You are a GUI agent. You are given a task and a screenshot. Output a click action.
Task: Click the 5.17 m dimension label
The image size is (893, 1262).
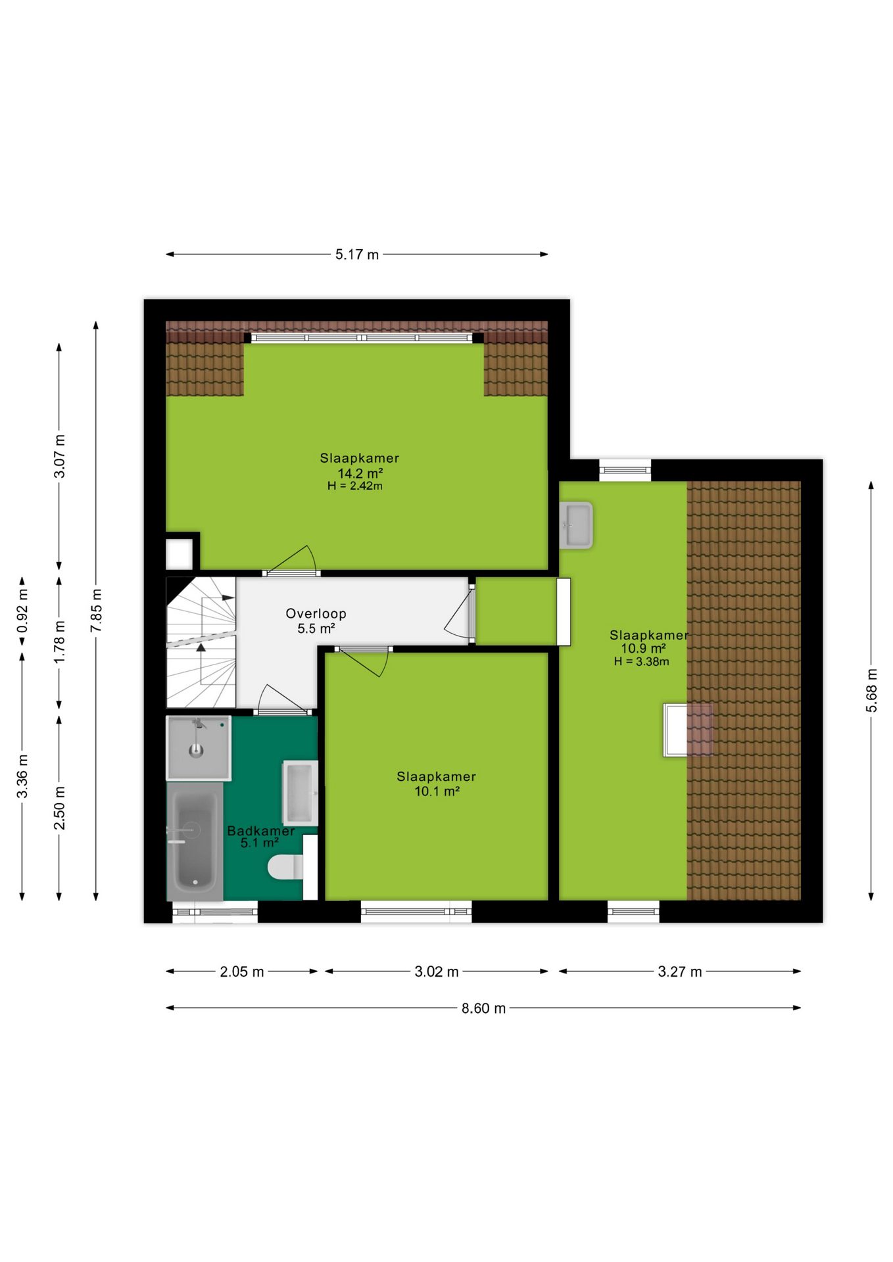point(356,254)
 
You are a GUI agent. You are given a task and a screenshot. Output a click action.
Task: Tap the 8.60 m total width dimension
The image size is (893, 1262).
point(483,1008)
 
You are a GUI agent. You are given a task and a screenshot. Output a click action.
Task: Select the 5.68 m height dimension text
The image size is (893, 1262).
point(871,690)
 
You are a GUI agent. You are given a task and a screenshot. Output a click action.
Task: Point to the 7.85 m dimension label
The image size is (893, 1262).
point(96,611)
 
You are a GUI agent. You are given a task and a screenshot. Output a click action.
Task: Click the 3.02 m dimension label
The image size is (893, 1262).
point(436,971)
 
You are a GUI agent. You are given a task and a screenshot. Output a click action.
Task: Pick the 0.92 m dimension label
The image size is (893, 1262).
point(22,611)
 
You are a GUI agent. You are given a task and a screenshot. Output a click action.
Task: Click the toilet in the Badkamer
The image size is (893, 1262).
point(285,866)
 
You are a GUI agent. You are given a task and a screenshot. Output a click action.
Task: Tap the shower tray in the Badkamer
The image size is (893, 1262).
point(198,748)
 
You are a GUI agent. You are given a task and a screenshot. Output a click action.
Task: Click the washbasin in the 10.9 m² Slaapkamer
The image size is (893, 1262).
point(576,525)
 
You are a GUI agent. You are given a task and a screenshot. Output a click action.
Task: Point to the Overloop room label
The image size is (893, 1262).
point(316,613)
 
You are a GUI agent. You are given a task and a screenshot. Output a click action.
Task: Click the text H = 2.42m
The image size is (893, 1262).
point(355,486)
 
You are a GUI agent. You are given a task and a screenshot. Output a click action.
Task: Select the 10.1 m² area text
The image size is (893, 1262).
point(437,791)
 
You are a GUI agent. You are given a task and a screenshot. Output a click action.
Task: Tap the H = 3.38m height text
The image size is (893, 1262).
point(642,661)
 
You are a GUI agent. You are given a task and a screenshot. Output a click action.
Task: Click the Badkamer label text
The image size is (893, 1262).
point(260,831)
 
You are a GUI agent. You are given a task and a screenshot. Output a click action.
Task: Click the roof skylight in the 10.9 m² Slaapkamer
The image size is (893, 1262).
point(688,730)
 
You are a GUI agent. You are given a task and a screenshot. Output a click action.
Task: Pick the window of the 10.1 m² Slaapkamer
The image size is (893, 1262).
point(416,911)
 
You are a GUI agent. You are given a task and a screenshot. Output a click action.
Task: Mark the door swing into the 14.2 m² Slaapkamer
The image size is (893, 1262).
point(292,560)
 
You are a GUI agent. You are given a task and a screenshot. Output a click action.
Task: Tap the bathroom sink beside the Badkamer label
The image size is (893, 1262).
point(301,793)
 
